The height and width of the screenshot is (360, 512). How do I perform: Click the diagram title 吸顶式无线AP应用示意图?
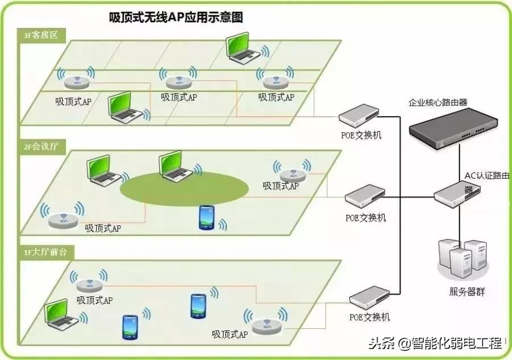pos(176,18)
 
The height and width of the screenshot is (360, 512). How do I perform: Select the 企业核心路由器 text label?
pos(437,103)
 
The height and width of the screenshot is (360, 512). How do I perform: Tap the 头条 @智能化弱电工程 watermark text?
pos(435,343)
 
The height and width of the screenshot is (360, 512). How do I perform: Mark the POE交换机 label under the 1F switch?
pos(370,317)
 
